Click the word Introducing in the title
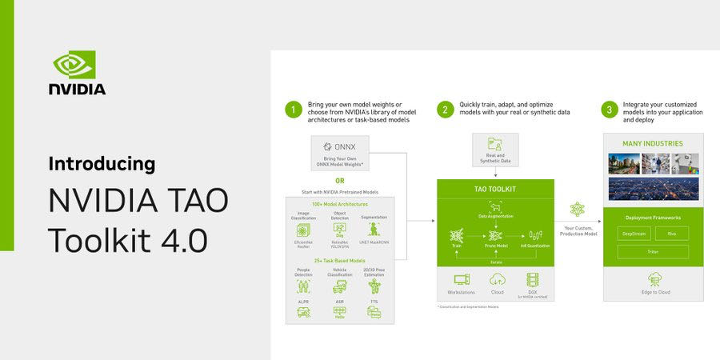click(102, 164)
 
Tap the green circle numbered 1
click(294, 109)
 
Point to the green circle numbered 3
click(610, 109)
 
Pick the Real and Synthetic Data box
click(496, 150)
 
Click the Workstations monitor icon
click(462, 279)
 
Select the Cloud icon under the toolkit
click(497, 279)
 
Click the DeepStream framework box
click(634, 234)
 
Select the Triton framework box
click(653, 251)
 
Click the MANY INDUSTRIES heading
click(653, 144)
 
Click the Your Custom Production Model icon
click(577, 209)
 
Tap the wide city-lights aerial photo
click(653, 189)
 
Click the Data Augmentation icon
click(496, 206)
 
